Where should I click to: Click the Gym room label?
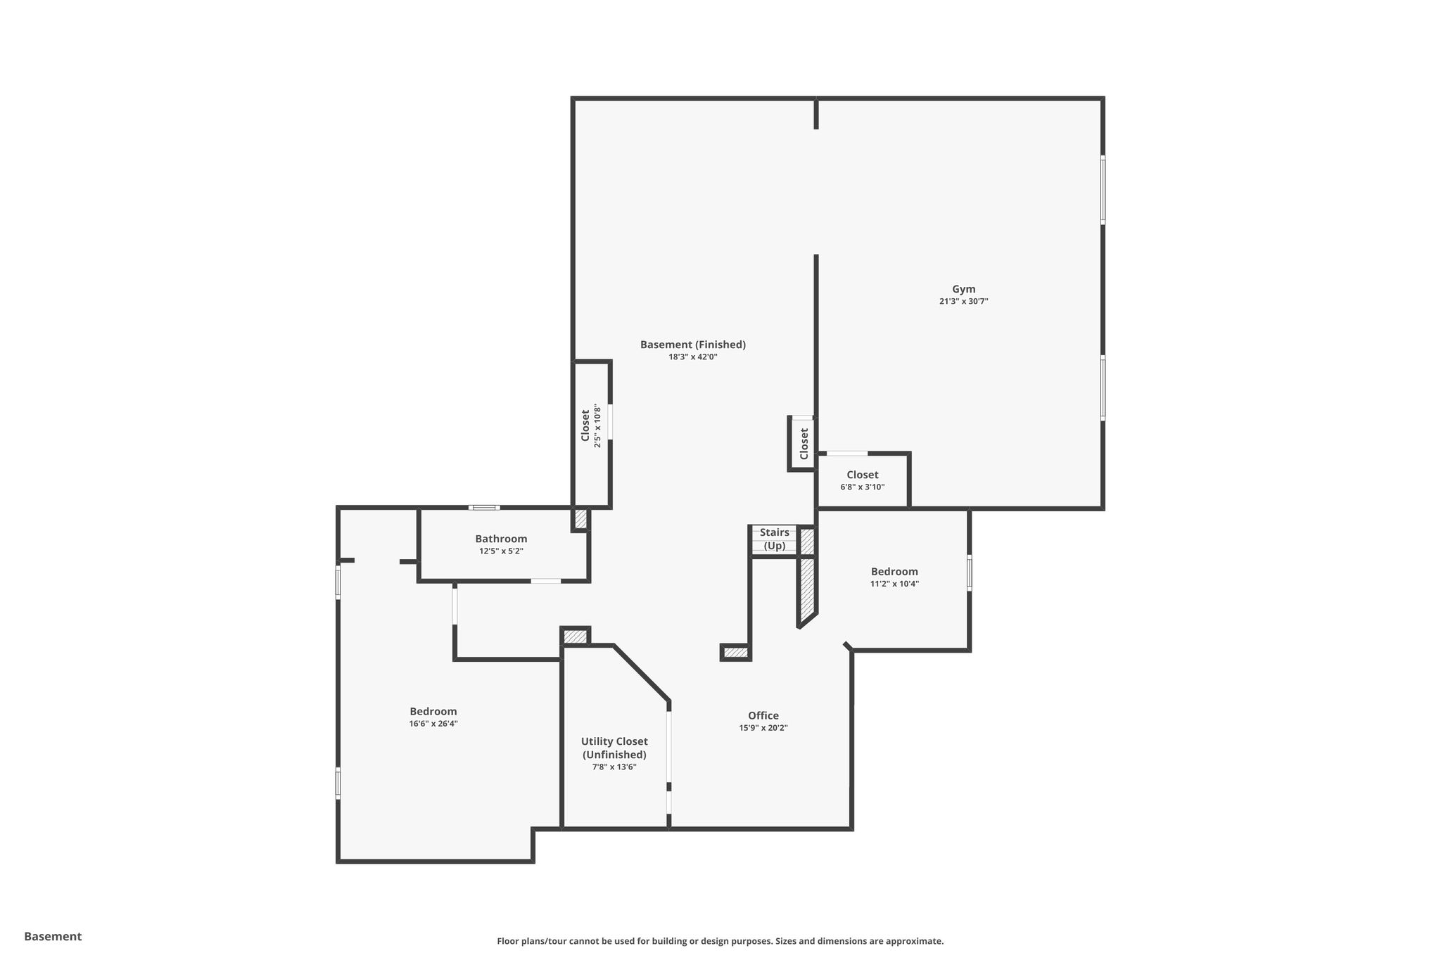pyautogui.click(x=963, y=289)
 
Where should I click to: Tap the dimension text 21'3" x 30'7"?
pyautogui.click(x=963, y=301)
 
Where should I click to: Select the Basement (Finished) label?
pyautogui.click(x=692, y=345)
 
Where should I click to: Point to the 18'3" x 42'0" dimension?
pyautogui.click(x=692, y=357)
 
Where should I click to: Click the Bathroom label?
pyautogui.click(x=501, y=539)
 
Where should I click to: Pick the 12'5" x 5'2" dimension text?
pyautogui.click(x=501, y=551)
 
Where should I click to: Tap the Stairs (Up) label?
pyautogui.click(x=775, y=539)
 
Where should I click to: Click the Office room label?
pyautogui.click(x=763, y=716)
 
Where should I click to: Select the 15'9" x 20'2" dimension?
pyautogui.click(x=763, y=728)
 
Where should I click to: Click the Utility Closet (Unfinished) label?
pyautogui.click(x=614, y=748)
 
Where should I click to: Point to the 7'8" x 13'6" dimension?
pyautogui.click(x=614, y=767)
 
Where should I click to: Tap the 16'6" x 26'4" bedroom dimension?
pyautogui.click(x=433, y=723)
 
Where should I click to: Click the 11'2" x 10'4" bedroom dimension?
pyautogui.click(x=894, y=583)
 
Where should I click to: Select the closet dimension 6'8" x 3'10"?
pyautogui.click(x=862, y=487)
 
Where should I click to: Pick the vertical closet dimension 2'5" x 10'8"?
pyautogui.click(x=598, y=425)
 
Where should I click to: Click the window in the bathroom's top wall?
pyautogui.click(x=484, y=507)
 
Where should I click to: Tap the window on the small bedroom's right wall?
pyautogui.click(x=969, y=572)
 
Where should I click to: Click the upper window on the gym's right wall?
pyautogui.click(x=1103, y=190)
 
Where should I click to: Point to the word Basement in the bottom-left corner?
pyautogui.click(x=53, y=936)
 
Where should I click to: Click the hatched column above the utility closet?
pyautogui.click(x=575, y=636)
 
